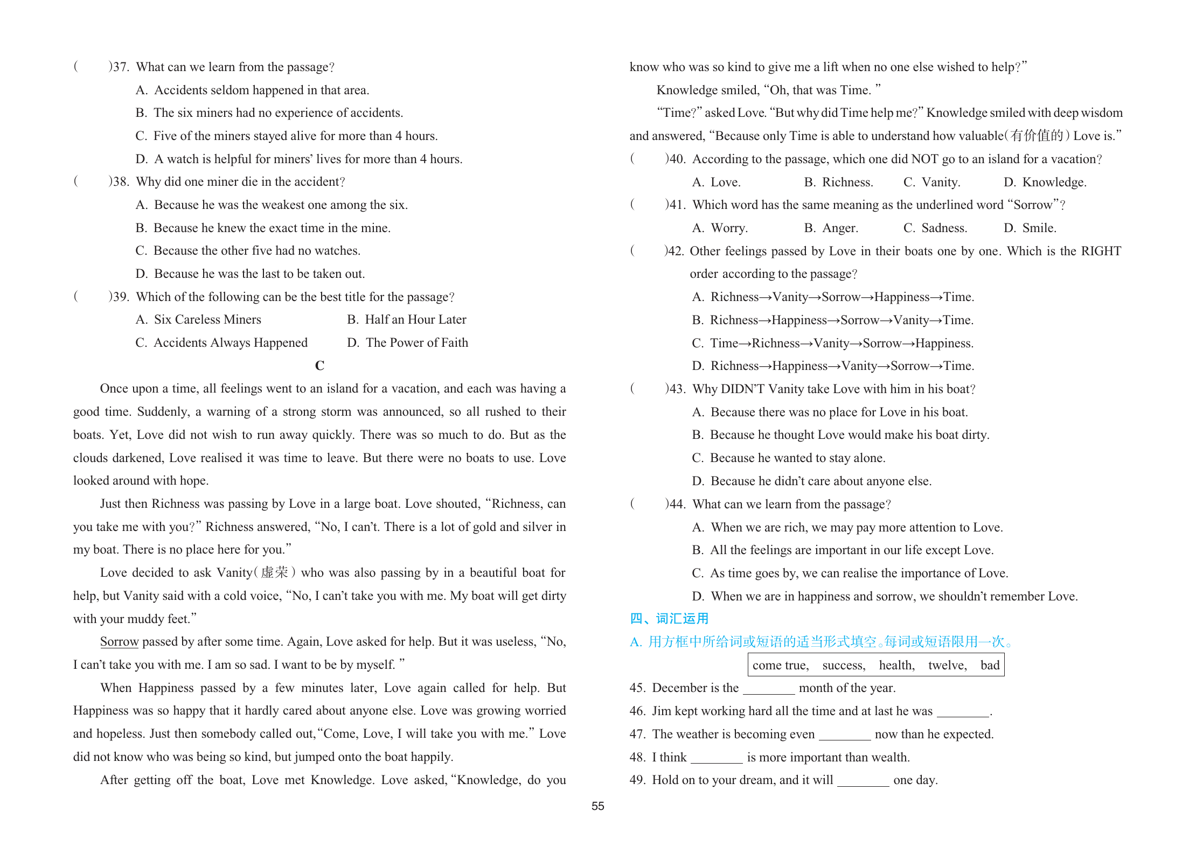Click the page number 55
pyautogui.click(x=597, y=806)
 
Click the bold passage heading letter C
pyautogui.click(x=319, y=366)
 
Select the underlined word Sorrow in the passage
pyautogui.click(x=119, y=641)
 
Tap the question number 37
pyautogui.click(x=120, y=67)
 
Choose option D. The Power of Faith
pyautogui.click(x=407, y=342)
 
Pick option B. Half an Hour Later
pyautogui.click(x=406, y=319)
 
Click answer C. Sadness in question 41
pyautogui.click(x=935, y=228)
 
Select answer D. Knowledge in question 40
pyautogui.click(x=1045, y=182)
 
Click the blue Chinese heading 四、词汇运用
pyautogui.click(x=669, y=618)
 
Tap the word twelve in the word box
pyautogui.click(x=947, y=665)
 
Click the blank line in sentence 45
pyautogui.click(x=769, y=689)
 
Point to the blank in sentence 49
pyautogui.click(x=863, y=781)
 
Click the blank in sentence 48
pyautogui.click(x=717, y=758)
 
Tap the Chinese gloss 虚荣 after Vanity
pyautogui.click(x=275, y=572)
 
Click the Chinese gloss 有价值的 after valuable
pyautogui.click(x=1037, y=136)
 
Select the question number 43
pyautogui.click(x=676, y=389)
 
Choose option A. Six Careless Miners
pyautogui.click(x=198, y=319)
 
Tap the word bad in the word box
pyautogui.click(x=990, y=665)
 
